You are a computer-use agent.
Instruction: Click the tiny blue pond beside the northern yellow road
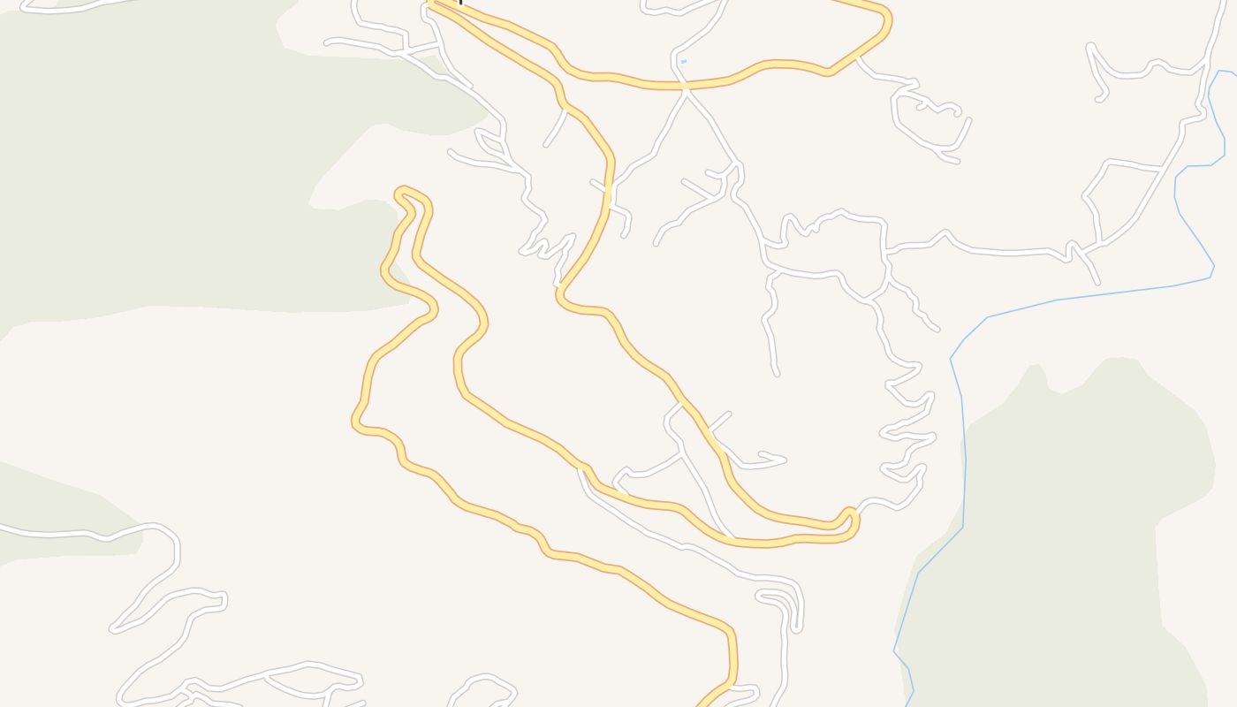coord(683,61)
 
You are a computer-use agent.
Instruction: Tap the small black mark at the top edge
coord(460,3)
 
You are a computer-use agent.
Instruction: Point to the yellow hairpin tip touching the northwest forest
coord(402,193)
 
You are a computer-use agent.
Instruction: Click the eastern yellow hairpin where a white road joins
coord(851,513)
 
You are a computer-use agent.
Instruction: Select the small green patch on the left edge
coord(53,513)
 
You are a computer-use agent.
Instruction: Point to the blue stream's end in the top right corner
coord(1233,72)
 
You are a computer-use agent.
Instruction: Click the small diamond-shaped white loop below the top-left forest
coord(490,141)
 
